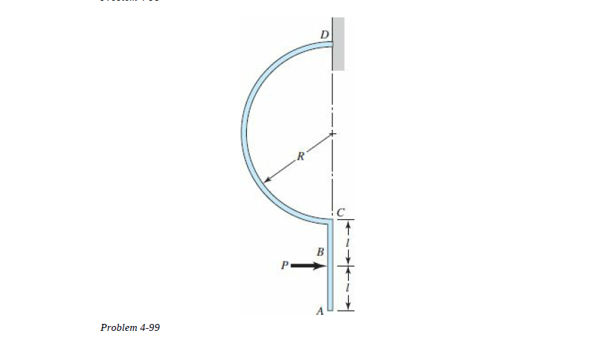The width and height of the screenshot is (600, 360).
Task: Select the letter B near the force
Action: point(320,250)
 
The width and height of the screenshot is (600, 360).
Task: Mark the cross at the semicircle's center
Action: point(332,133)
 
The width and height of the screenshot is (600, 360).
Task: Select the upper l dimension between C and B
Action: point(349,242)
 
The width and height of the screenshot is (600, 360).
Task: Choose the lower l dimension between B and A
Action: point(349,288)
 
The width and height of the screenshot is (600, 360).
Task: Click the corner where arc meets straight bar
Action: point(330,221)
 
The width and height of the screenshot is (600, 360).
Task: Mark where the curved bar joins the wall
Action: point(331,44)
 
